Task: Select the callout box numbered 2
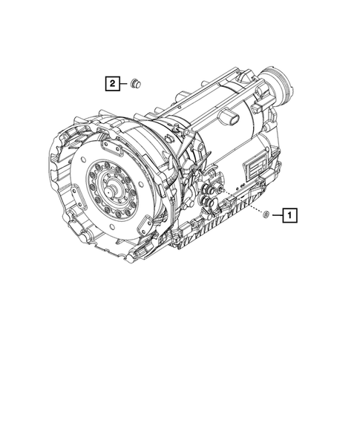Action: [112, 84]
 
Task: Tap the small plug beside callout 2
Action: [136, 83]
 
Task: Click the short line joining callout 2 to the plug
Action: [125, 84]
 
